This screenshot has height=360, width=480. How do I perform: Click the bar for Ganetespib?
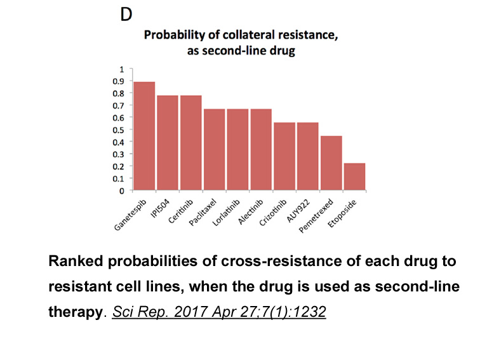(x=144, y=136)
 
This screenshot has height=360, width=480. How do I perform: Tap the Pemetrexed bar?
(x=331, y=163)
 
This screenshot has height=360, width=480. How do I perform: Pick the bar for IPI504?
(x=168, y=142)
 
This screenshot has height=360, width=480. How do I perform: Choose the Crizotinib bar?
(x=284, y=156)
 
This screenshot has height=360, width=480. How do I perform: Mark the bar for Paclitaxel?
(x=215, y=149)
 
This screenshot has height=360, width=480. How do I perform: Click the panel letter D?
(x=126, y=15)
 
